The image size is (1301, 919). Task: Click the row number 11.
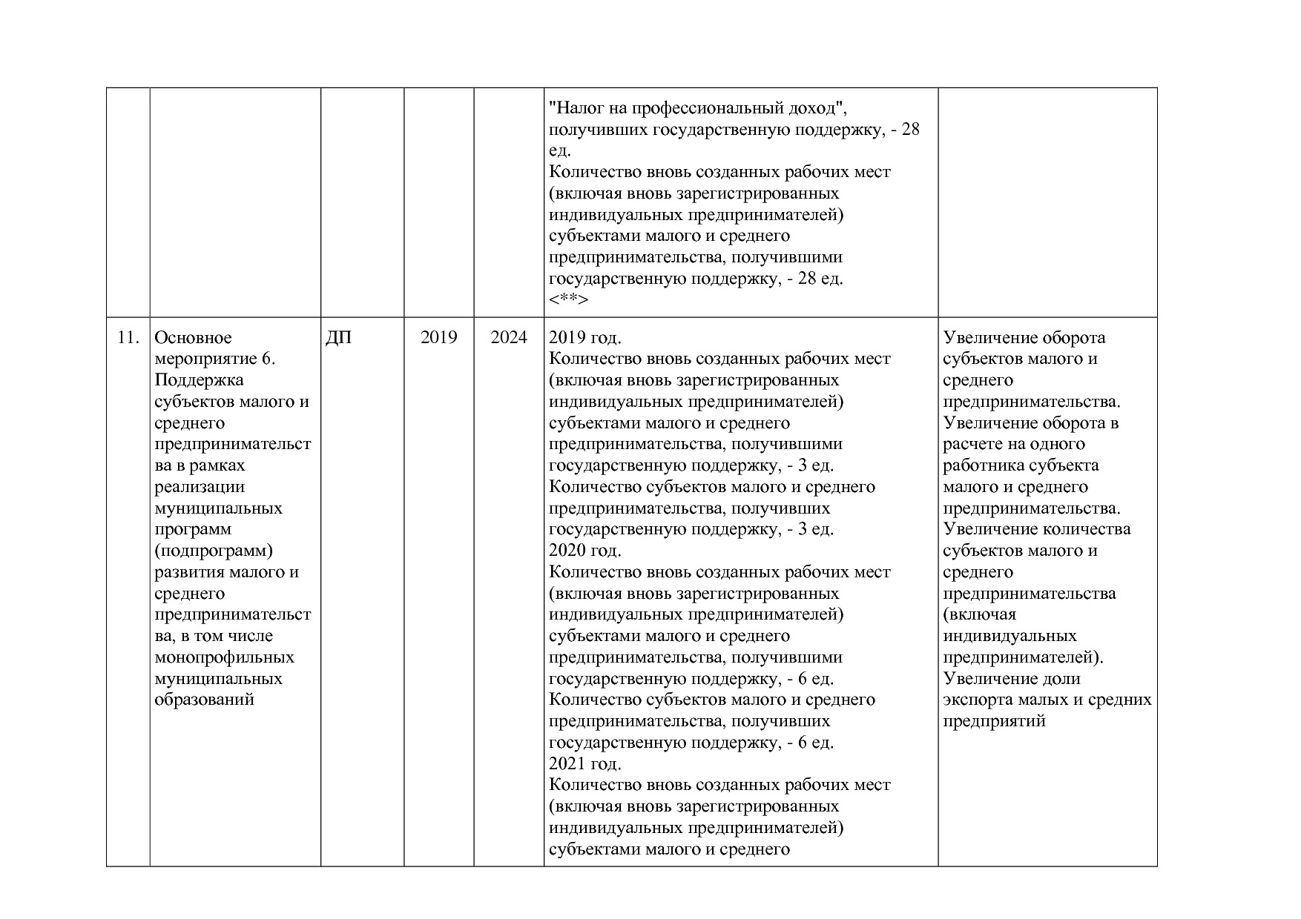[128, 338]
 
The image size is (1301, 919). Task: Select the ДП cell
[338, 338]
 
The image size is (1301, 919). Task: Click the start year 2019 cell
[438, 338]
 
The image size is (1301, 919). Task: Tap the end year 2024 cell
[509, 338]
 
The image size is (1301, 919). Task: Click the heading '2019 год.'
[584, 338]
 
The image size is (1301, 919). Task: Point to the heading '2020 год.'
[584, 551]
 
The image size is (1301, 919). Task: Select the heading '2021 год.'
[584, 764]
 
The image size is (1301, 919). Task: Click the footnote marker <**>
[568, 300]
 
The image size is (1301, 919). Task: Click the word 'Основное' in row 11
[193, 338]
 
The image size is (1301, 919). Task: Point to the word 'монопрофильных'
[224, 657]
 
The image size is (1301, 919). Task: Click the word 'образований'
[204, 700]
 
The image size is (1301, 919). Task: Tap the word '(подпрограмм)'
[214, 551]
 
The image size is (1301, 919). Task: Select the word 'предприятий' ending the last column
[994, 721]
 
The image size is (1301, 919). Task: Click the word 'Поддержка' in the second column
[199, 380]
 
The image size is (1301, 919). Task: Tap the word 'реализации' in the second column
[199, 487]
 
